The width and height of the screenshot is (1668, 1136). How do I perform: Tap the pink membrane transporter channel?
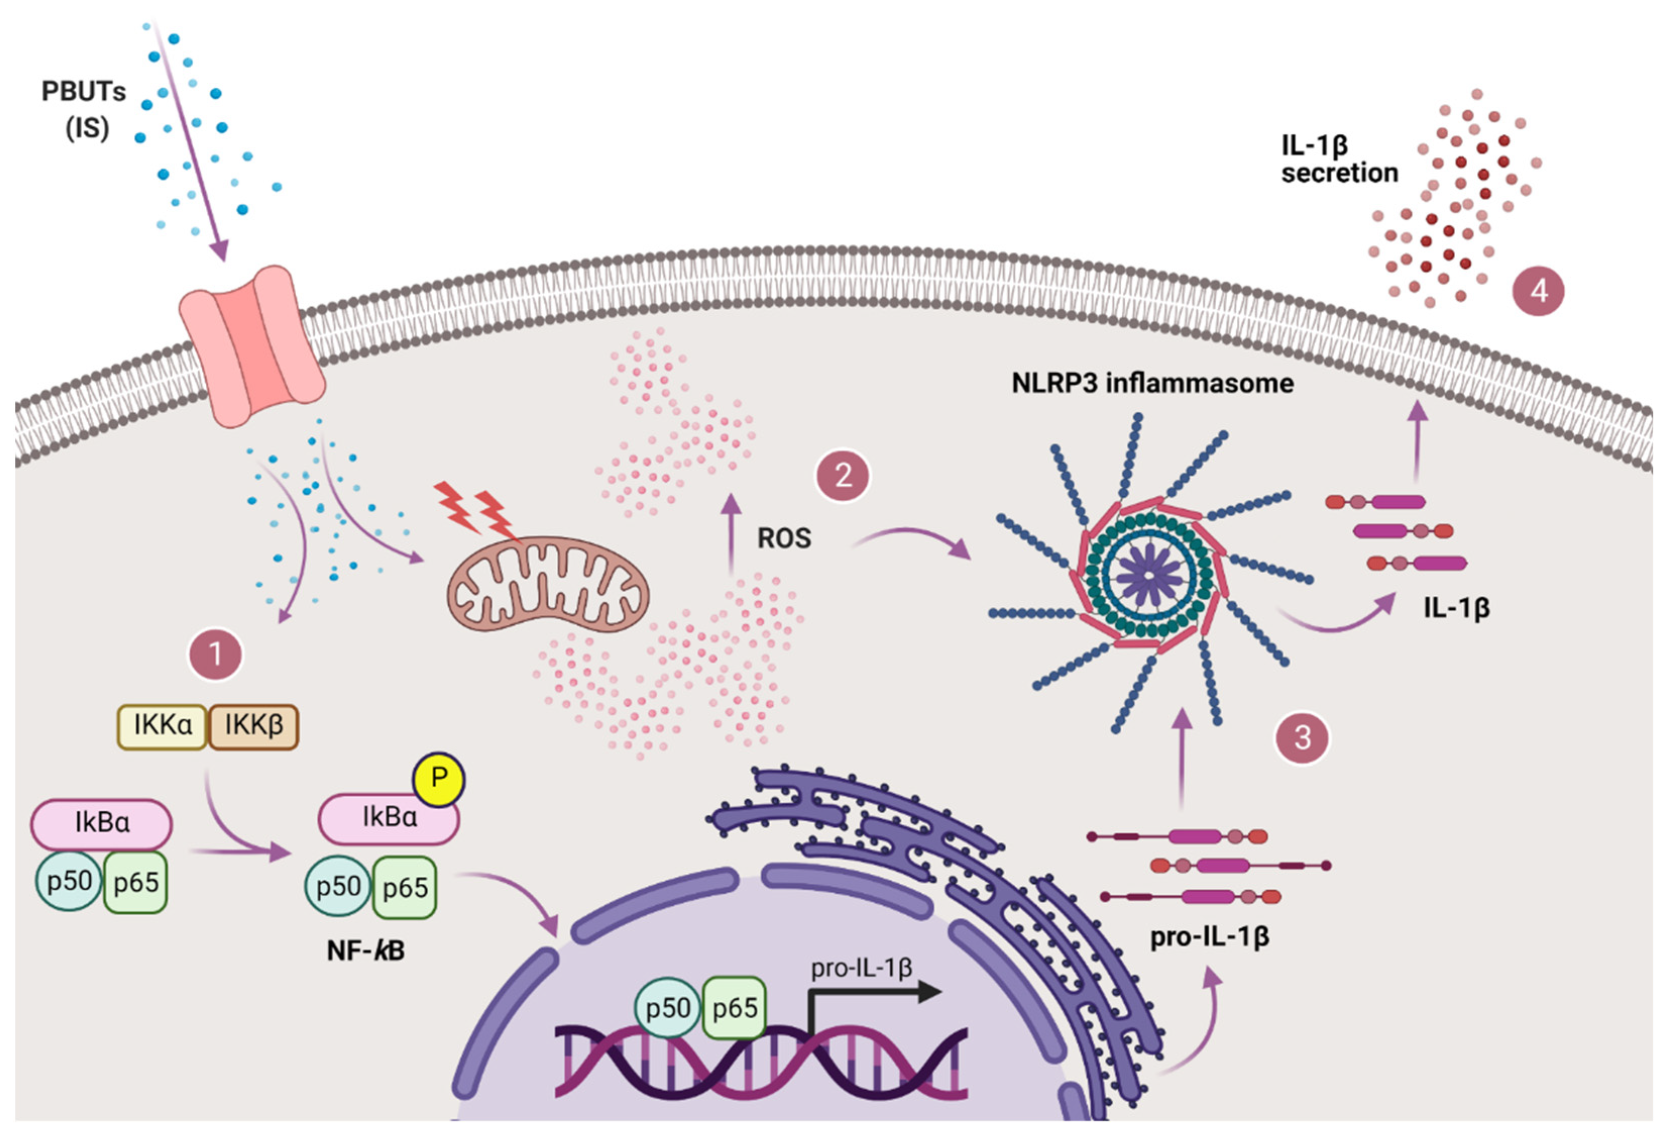click(251, 346)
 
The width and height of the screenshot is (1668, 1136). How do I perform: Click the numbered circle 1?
click(215, 654)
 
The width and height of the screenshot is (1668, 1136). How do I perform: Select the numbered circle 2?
click(843, 475)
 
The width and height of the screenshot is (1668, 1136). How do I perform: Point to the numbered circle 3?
click(1302, 737)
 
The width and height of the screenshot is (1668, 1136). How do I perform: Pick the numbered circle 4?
click(1538, 292)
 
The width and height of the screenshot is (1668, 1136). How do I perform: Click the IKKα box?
click(163, 726)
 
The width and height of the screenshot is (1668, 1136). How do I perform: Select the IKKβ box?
click(253, 726)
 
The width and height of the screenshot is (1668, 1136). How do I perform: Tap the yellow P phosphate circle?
click(438, 779)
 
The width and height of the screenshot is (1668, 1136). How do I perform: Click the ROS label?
click(784, 538)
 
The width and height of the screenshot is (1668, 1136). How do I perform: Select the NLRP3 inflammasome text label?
click(1153, 383)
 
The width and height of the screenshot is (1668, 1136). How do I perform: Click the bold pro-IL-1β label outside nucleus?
click(1210, 937)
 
